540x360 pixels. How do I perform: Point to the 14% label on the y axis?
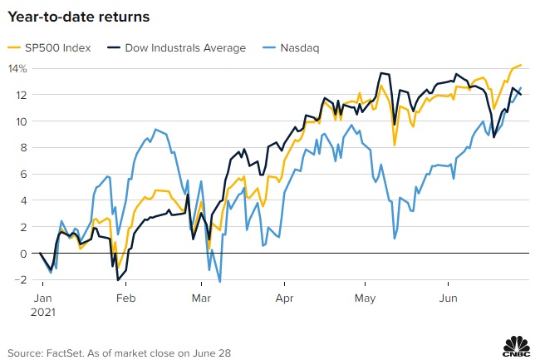coord(18,68)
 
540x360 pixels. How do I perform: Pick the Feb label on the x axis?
coord(125,297)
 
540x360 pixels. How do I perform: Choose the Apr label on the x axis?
coord(285,297)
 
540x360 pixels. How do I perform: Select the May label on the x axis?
coord(366,297)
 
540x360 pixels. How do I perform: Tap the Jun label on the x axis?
coord(449,297)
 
